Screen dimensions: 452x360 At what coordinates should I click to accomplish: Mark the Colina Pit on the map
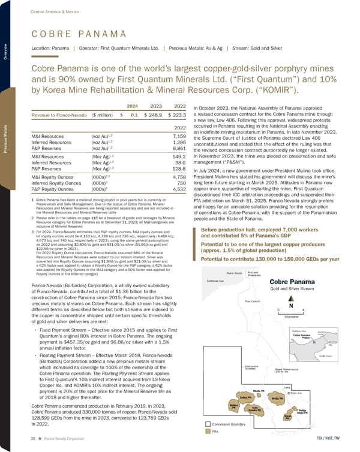[x=245, y=397]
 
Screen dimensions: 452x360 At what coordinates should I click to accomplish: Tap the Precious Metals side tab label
[x=5, y=138]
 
